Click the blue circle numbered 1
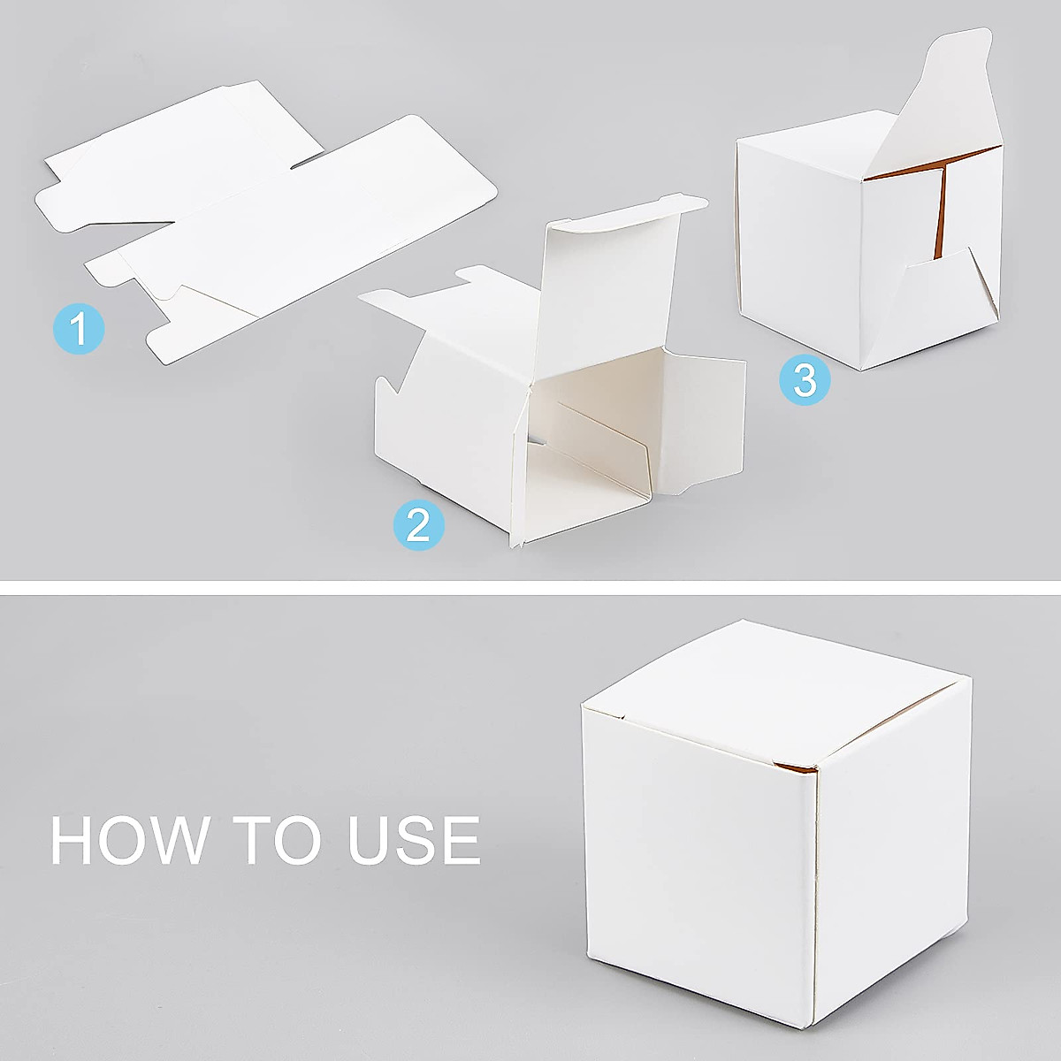point(79,329)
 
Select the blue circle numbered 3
point(805,380)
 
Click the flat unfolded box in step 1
point(265,221)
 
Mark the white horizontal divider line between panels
point(530,587)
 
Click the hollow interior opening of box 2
point(592,442)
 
